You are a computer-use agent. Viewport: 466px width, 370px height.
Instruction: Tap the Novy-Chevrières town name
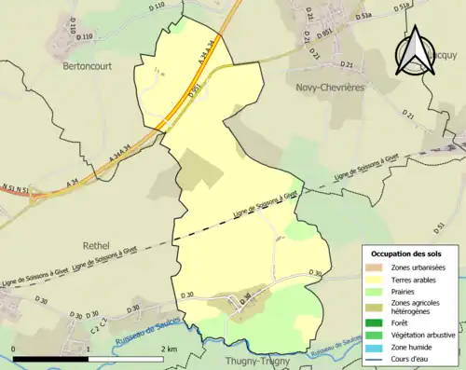tap(330, 86)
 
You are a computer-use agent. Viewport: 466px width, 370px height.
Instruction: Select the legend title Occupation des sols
tap(408, 254)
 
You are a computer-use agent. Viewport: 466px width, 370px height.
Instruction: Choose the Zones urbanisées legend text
tap(419, 267)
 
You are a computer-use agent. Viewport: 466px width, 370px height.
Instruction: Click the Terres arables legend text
tap(416, 279)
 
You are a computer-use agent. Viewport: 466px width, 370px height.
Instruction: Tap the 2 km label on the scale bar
tap(169, 348)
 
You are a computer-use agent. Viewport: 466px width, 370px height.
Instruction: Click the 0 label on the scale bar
tap(13, 348)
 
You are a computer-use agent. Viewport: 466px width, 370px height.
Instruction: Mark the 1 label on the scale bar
tap(89, 348)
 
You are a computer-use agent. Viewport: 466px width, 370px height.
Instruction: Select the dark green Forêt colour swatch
tap(377, 322)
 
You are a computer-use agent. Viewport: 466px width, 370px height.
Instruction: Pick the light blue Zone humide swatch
tap(377, 344)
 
